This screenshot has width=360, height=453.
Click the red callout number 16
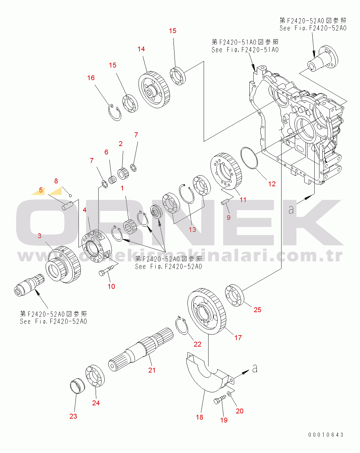pyautogui.click(x=91, y=78)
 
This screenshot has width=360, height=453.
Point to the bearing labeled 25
pyautogui.click(x=234, y=295)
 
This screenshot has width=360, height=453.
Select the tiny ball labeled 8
pyautogui.click(x=70, y=196)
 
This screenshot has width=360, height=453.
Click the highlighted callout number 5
pyautogui.click(x=41, y=190)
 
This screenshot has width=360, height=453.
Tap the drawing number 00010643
pyautogui.click(x=326, y=435)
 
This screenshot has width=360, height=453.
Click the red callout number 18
pyautogui.click(x=199, y=417)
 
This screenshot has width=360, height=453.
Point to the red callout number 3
pyautogui.click(x=39, y=236)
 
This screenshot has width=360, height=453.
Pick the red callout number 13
pyautogui.click(x=192, y=229)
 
